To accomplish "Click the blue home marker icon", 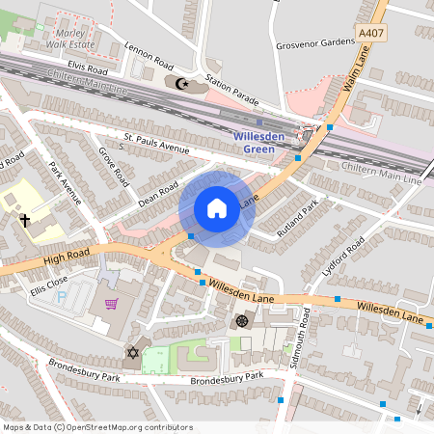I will pyautogui.click(x=217, y=208).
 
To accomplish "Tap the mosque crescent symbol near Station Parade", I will pyautogui.click(x=180, y=83).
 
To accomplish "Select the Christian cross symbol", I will pyautogui.click(x=24, y=221).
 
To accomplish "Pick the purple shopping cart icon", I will pyautogui.click(x=112, y=305).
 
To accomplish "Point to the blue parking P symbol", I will pyautogui.click(x=64, y=299).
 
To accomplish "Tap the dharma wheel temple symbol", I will pyautogui.click(x=241, y=320).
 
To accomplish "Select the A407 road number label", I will pyautogui.click(x=370, y=33).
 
